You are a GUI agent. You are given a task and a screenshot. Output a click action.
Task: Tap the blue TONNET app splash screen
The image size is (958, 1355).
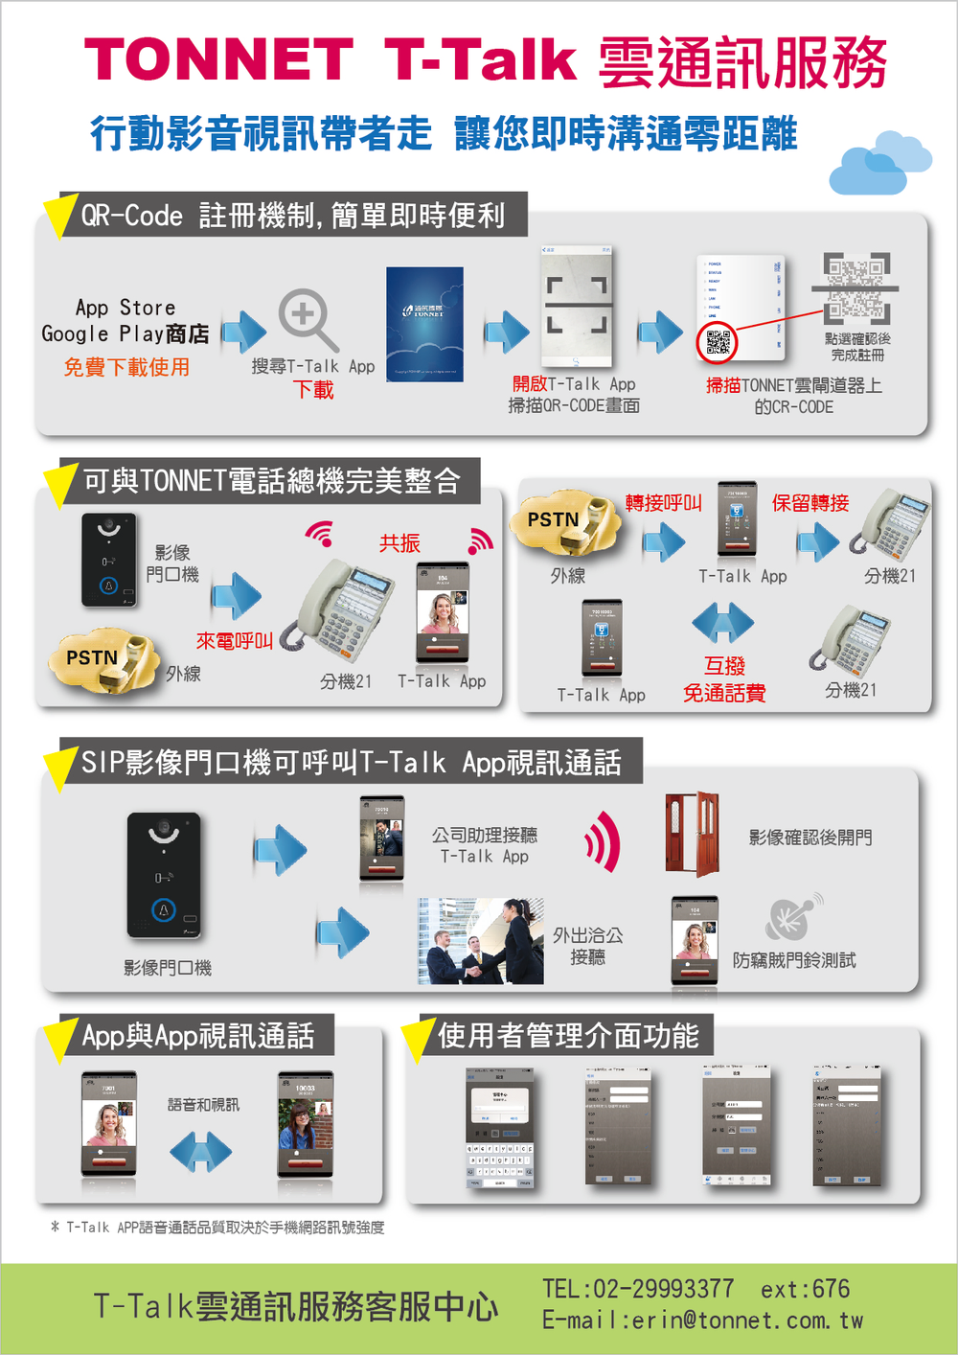tap(424, 324)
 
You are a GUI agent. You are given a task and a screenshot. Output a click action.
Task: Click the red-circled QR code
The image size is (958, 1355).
tap(718, 341)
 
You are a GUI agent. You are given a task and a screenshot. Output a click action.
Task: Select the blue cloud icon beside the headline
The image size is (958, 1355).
tap(879, 163)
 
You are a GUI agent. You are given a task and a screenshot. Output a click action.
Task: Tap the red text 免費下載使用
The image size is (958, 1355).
tap(126, 367)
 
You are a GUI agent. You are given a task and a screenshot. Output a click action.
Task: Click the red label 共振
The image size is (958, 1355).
tap(399, 543)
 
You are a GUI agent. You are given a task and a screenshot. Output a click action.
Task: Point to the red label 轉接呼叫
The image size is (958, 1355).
tap(664, 503)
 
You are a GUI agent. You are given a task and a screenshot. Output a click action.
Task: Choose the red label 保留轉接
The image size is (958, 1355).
tap(810, 503)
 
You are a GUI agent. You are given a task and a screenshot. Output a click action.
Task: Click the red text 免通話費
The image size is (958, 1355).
tap(724, 693)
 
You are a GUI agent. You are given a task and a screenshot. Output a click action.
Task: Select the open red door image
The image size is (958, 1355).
tap(693, 834)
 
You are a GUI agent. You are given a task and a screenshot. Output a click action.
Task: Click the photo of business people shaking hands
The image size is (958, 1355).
tap(480, 941)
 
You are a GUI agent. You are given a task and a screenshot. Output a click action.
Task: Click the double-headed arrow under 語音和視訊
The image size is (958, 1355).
tap(200, 1151)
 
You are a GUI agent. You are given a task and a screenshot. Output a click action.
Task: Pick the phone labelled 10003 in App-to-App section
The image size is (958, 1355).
tap(306, 1124)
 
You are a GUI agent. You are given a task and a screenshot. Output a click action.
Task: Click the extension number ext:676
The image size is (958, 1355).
tap(805, 1290)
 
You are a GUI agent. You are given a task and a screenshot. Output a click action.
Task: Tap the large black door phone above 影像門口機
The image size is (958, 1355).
tap(164, 874)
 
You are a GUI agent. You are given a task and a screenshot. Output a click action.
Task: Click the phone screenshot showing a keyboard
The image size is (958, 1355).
tap(499, 1129)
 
